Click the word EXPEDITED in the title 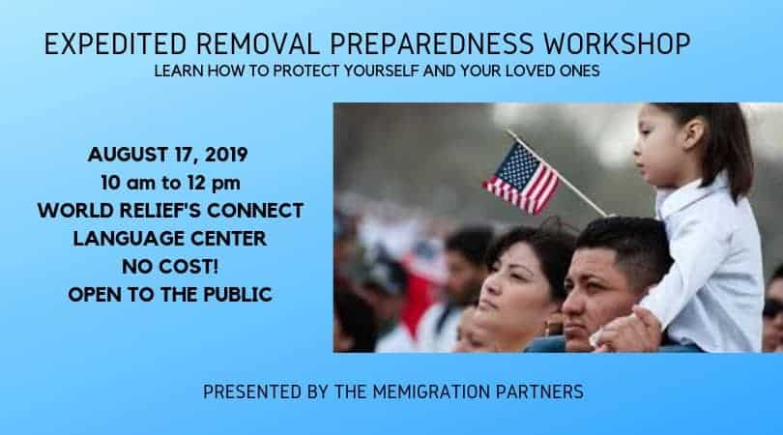pos(115,43)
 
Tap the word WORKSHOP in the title pos(617,43)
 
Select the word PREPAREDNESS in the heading pos(431,43)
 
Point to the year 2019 pos(226,155)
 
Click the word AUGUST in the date pos(128,155)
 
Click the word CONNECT pos(255,211)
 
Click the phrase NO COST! pos(170,267)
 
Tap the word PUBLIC pos(238,295)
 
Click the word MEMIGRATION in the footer pos(431,392)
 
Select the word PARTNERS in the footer pos(539,392)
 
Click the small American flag pos(522,178)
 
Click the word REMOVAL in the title pos(258,43)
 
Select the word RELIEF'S pos(152,211)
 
